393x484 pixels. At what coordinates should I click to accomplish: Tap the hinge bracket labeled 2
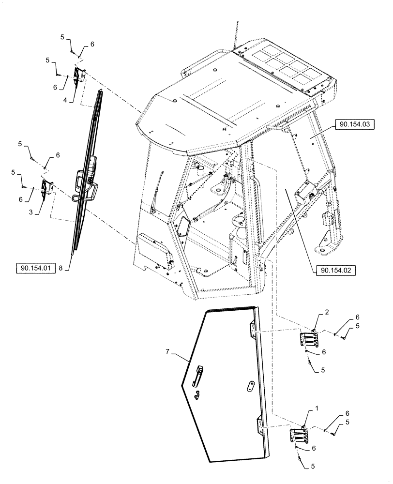(x=309, y=339)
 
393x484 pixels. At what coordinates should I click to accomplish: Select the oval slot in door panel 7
(x=251, y=386)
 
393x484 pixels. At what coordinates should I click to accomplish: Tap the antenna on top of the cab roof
(x=237, y=34)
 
